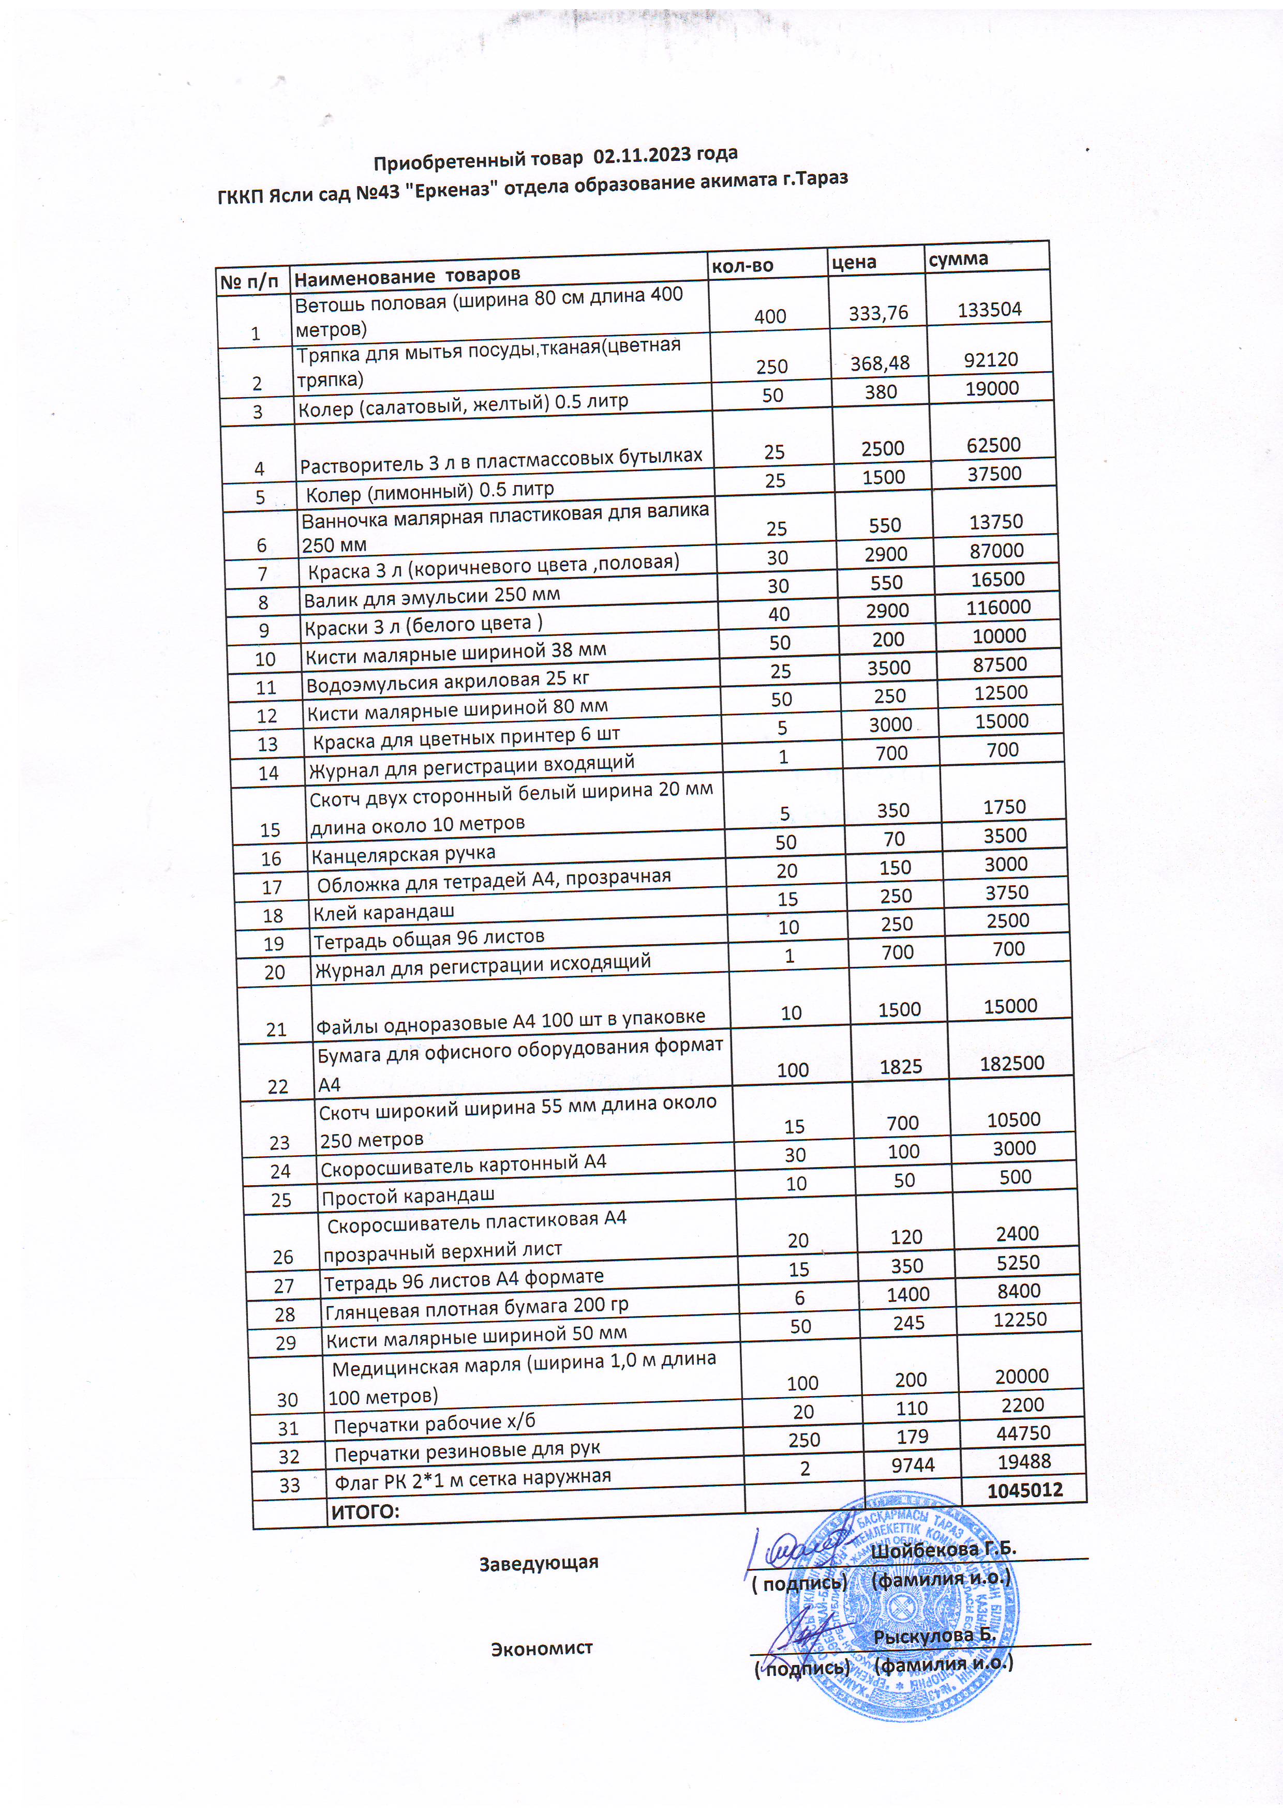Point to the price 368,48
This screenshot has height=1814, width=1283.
click(880, 362)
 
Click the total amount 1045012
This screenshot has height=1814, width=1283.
click(1024, 1490)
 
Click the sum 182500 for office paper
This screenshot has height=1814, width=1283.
click(1012, 1063)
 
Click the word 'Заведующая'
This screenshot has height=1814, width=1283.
click(539, 1563)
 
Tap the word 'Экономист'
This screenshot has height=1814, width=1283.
click(542, 1648)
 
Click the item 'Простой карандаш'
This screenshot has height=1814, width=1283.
click(408, 1196)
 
